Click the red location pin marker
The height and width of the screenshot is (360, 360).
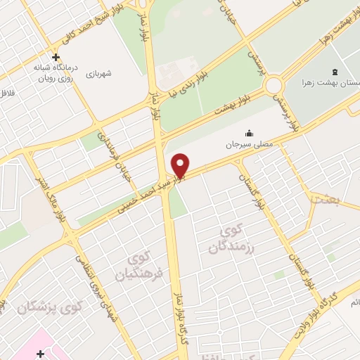click(180, 165)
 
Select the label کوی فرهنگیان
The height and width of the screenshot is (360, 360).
click(143, 266)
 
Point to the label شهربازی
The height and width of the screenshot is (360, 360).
click(100, 72)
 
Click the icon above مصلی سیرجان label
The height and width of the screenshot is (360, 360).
click(249, 133)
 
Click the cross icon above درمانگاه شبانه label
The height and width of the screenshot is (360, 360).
click(56, 57)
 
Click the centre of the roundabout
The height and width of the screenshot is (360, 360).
click(274, 86)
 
